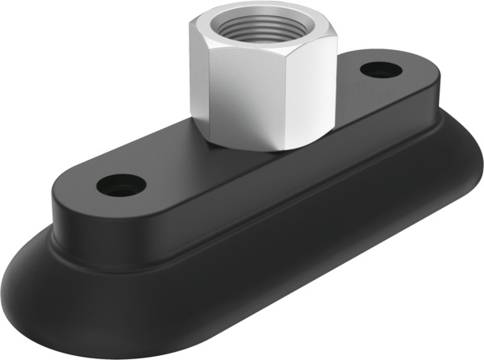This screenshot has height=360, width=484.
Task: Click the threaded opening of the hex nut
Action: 265,22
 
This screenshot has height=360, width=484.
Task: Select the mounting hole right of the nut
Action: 381,70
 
